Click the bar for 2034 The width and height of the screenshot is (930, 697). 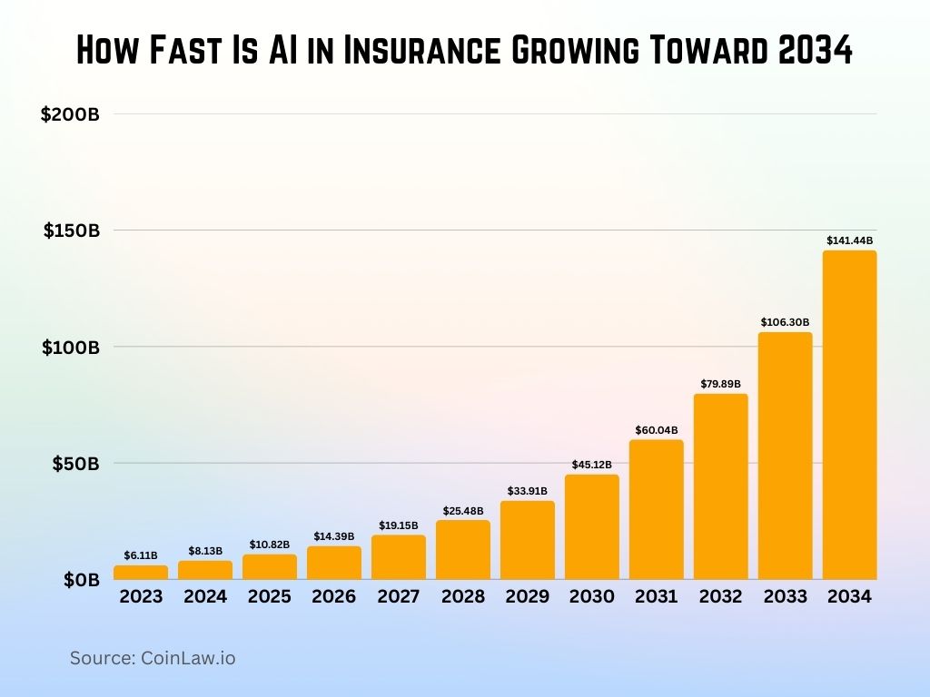coord(849,415)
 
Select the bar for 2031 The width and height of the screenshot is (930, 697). coord(656,509)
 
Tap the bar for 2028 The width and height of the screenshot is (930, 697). coord(463,549)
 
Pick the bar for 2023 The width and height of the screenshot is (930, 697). coord(141,572)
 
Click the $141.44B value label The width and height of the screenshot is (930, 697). coord(849,241)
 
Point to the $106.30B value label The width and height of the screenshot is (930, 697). coord(785,322)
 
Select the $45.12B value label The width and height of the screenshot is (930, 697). coord(591,465)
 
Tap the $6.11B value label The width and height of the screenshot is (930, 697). coord(141,555)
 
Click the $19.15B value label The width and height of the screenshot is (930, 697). coord(399,525)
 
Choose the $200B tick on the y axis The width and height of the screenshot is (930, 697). coord(70,114)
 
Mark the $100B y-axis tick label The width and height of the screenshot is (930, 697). coord(71,347)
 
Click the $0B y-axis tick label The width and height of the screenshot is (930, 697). coord(81,579)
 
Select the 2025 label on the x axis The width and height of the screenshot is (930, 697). coord(270,596)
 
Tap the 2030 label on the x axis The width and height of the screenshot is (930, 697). coord(591,596)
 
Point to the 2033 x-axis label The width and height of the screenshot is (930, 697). coord(785,596)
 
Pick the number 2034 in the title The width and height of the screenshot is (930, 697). coord(816,52)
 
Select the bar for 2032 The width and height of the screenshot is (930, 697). coord(720,486)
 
